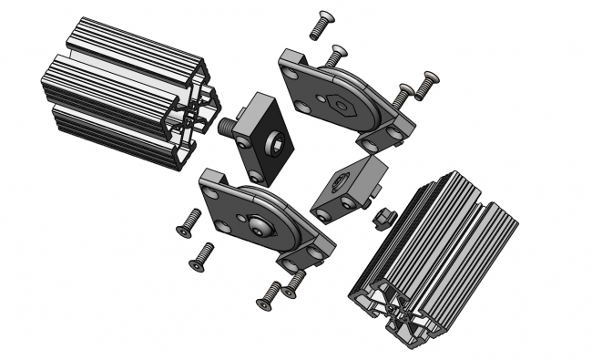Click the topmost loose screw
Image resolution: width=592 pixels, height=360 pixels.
[320, 24]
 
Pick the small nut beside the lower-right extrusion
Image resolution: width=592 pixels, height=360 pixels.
[383, 217]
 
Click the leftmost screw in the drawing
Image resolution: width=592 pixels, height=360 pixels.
[188, 222]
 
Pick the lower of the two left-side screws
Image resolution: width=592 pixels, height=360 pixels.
[200, 256]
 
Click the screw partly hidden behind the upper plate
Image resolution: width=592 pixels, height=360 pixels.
[336, 56]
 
